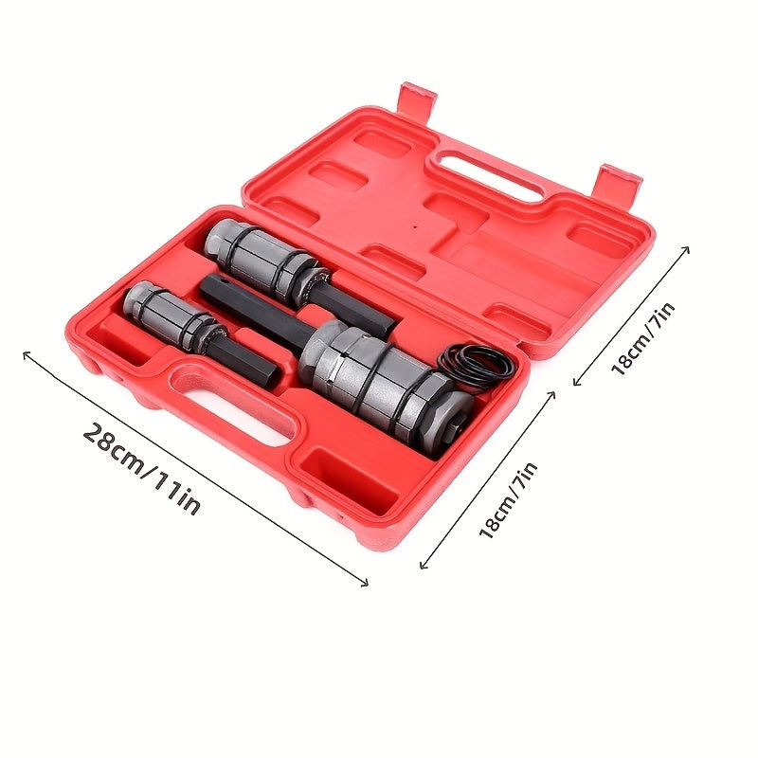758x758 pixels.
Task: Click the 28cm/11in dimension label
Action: pyautogui.click(x=142, y=468)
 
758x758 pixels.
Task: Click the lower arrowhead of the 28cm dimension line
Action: pyautogui.click(x=364, y=583)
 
